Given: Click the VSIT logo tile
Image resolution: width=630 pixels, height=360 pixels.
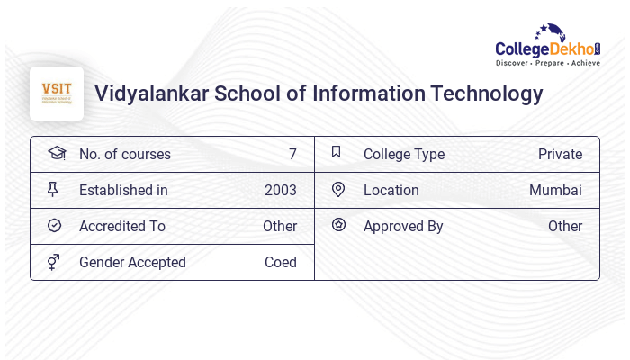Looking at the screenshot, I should [x=57, y=93].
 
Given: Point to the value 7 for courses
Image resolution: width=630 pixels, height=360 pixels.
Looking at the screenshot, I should [x=292, y=155].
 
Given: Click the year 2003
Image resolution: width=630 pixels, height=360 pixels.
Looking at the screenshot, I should [x=280, y=191].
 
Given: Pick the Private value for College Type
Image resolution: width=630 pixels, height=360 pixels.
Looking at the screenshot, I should [x=560, y=155].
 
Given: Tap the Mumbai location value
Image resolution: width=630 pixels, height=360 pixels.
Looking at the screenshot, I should [x=555, y=191].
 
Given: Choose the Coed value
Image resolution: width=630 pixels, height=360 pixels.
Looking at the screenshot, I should [x=280, y=263].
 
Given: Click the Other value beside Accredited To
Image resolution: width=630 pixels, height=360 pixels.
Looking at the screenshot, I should [x=280, y=227].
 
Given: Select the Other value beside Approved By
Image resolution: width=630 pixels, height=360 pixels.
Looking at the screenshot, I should [x=565, y=227].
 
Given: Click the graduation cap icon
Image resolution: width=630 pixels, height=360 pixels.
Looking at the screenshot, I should [x=56, y=153].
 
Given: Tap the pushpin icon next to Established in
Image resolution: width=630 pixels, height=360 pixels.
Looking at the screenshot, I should [x=53, y=189].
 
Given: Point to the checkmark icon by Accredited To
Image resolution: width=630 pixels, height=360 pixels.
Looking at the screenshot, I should [x=54, y=225].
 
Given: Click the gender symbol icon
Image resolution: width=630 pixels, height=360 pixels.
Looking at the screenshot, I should [x=54, y=262].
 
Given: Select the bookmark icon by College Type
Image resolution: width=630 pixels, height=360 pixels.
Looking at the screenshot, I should [x=337, y=152].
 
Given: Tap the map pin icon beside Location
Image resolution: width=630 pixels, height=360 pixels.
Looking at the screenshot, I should [x=338, y=189].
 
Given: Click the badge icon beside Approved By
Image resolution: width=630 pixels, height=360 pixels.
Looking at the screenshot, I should [x=338, y=225].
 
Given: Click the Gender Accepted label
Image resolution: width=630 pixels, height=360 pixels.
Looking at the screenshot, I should [x=132, y=263].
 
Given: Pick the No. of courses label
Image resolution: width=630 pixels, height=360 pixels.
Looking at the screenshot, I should [x=125, y=155].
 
